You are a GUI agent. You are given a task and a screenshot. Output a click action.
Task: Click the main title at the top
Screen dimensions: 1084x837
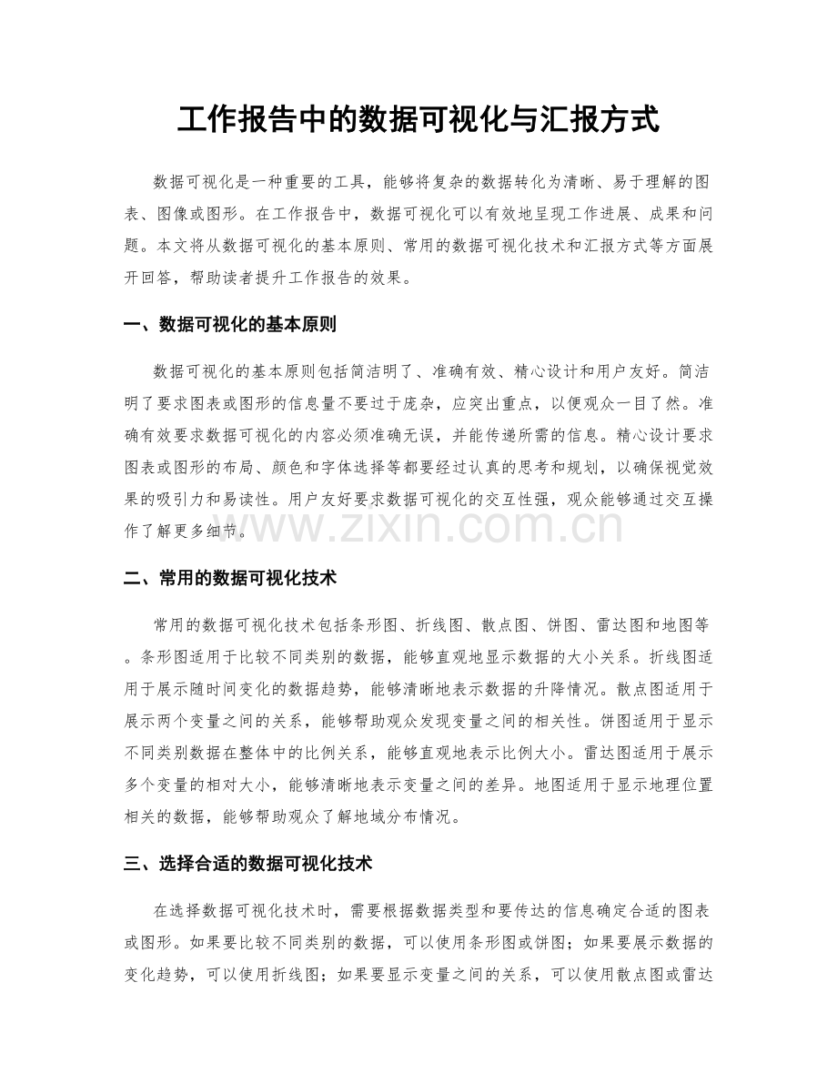[418, 119]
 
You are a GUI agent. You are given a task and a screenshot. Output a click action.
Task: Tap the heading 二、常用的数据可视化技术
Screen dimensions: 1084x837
[231, 576]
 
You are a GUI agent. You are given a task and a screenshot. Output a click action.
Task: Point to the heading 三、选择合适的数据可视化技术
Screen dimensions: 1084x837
[247, 863]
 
